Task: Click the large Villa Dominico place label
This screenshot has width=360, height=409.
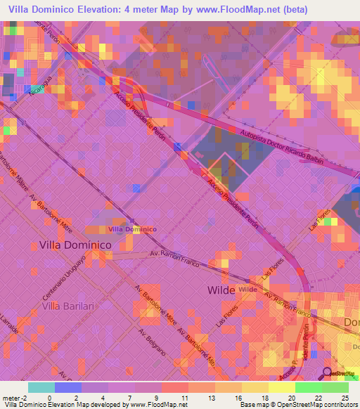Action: (x=75, y=245)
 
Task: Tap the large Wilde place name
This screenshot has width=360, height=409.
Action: (x=221, y=290)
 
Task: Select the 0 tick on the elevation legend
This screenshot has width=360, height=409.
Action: (x=49, y=398)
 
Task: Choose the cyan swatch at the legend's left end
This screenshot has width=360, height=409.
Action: (x=41, y=387)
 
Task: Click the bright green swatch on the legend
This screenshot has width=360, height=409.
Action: (x=308, y=387)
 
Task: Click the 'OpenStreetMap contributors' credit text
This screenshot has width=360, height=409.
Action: (x=317, y=405)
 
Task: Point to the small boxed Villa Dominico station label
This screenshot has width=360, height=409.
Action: (x=132, y=229)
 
